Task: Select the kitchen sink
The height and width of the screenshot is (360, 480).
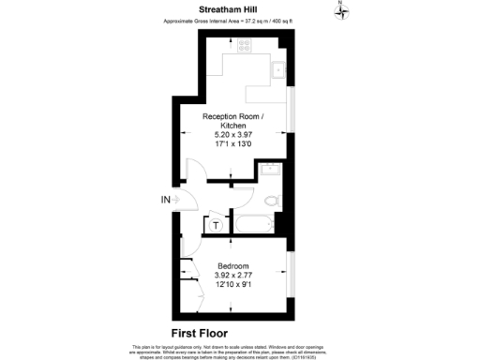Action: click(x=278, y=69)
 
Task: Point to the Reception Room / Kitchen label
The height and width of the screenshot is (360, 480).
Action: click(x=233, y=121)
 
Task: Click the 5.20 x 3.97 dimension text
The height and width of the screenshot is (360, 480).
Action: click(x=233, y=135)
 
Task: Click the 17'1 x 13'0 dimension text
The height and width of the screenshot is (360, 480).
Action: click(x=233, y=144)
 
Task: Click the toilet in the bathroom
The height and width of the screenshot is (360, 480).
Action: click(x=272, y=202)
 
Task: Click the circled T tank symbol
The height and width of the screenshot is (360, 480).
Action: click(x=216, y=225)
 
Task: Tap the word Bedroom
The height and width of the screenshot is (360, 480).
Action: click(x=232, y=264)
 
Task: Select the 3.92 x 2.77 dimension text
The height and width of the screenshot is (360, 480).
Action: click(x=232, y=275)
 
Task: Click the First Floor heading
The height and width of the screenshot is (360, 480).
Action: click(x=200, y=333)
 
